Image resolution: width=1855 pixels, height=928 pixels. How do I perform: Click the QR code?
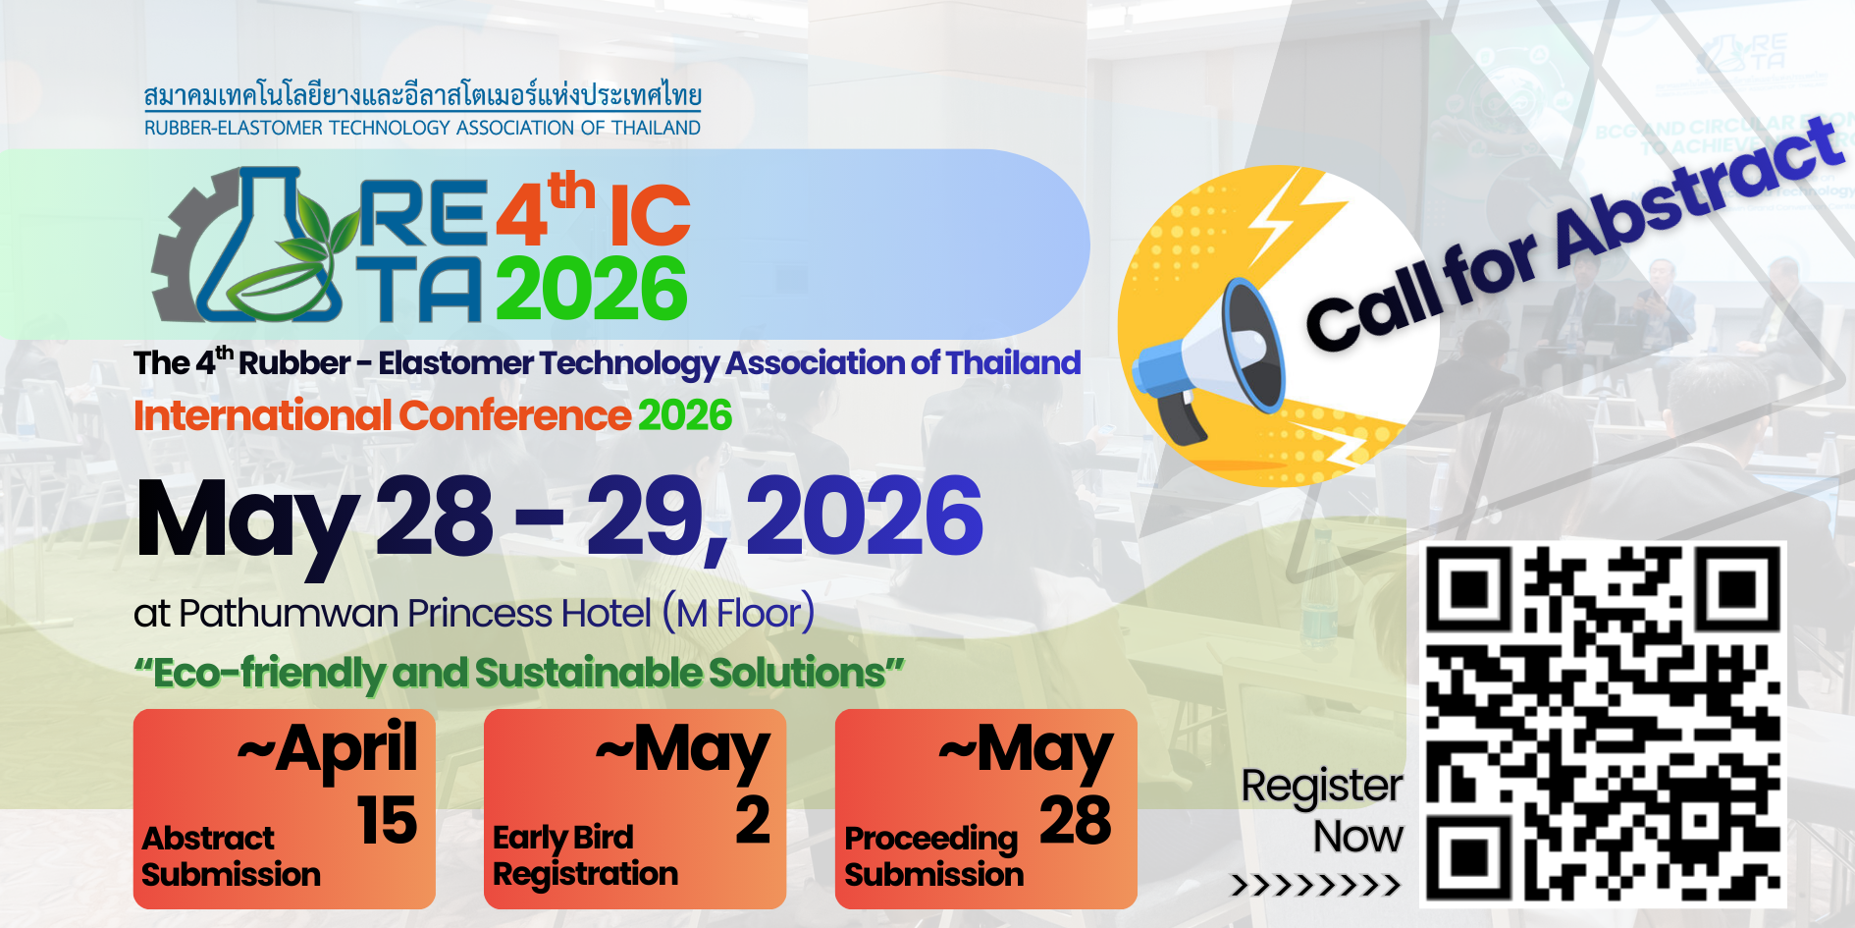click(x=1603, y=724)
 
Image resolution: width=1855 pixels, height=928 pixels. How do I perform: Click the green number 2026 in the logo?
click(x=592, y=289)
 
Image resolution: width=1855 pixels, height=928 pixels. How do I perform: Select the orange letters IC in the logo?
click(x=650, y=215)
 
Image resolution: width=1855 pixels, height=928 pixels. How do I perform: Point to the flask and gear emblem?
click(x=250, y=246)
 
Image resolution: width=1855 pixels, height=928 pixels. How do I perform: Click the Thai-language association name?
click(x=423, y=95)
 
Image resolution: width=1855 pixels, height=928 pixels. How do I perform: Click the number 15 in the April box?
click(x=387, y=820)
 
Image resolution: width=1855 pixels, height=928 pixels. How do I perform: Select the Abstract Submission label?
click(x=231, y=856)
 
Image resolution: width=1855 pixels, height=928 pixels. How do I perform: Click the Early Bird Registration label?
click(x=585, y=856)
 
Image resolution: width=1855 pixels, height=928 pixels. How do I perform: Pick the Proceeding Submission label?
click(x=933, y=856)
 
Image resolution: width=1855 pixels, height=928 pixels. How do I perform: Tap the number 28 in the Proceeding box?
click(x=1076, y=820)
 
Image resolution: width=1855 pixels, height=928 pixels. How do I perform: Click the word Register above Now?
click(x=1322, y=787)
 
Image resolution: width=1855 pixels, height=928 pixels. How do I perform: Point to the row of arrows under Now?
click(x=1316, y=886)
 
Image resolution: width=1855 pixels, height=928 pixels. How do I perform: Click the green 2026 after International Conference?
click(x=685, y=415)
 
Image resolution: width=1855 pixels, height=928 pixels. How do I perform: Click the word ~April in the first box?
click(x=328, y=749)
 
